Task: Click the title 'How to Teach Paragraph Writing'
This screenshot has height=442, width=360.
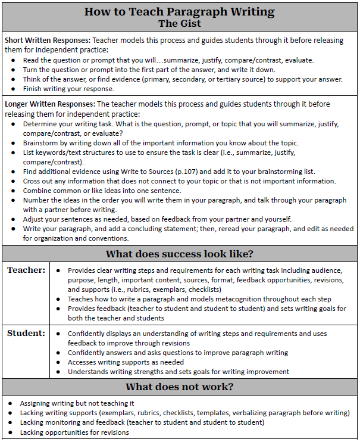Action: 180,11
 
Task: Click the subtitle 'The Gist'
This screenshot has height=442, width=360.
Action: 180,24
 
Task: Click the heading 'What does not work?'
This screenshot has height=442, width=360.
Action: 180,387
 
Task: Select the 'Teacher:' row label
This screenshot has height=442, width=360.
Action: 26,270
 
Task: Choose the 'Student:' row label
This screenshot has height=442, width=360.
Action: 26,333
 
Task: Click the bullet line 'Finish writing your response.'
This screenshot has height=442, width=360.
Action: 68,89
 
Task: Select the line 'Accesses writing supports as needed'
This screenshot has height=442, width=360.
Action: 126,362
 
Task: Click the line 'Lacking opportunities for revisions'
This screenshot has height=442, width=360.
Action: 74,432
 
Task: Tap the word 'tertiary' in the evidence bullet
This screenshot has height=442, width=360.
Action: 246,79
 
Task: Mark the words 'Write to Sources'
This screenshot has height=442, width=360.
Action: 156,172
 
